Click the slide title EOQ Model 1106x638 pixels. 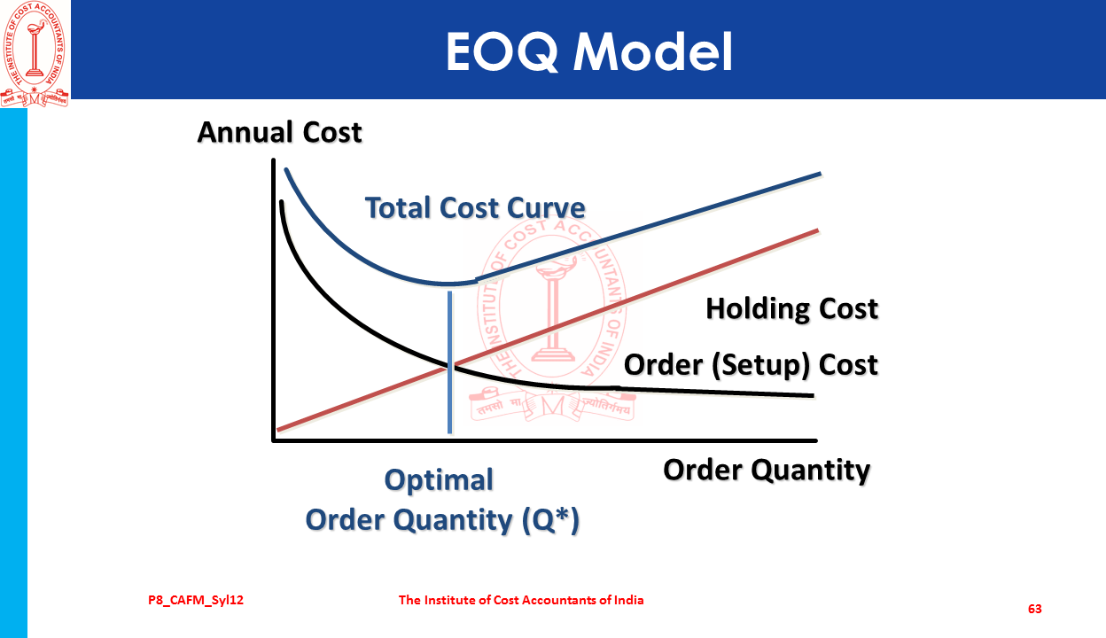[x=589, y=52]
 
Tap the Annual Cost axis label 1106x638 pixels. [x=279, y=132]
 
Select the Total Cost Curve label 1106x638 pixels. [x=475, y=207]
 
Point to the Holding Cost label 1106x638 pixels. [x=792, y=308]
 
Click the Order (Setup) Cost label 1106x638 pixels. [x=751, y=365]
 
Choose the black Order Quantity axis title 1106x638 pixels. [x=767, y=471]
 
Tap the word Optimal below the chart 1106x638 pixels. [x=439, y=480]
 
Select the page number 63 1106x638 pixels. [x=1035, y=609]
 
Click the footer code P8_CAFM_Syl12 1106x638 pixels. [x=196, y=601]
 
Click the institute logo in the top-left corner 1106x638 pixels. [x=35, y=54]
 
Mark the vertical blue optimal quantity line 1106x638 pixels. [x=449, y=362]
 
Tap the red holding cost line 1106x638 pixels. [x=548, y=330]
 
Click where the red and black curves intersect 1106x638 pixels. [x=450, y=366]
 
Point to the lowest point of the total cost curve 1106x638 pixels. [x=450, y=284]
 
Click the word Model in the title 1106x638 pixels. [x=653, y=52]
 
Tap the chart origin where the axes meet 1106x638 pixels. [x=274, y=440]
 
